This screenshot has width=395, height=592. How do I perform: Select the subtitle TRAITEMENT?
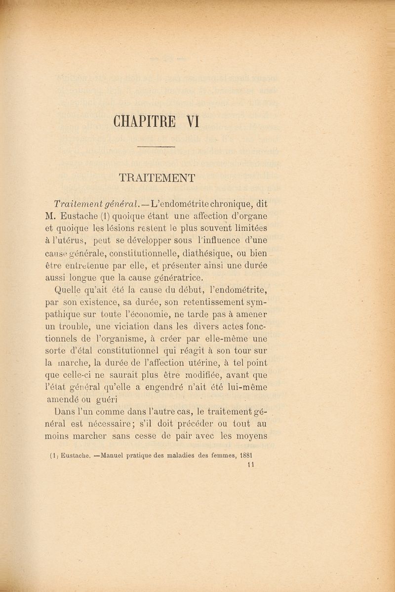pyautogui.click(x=157, y=177)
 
